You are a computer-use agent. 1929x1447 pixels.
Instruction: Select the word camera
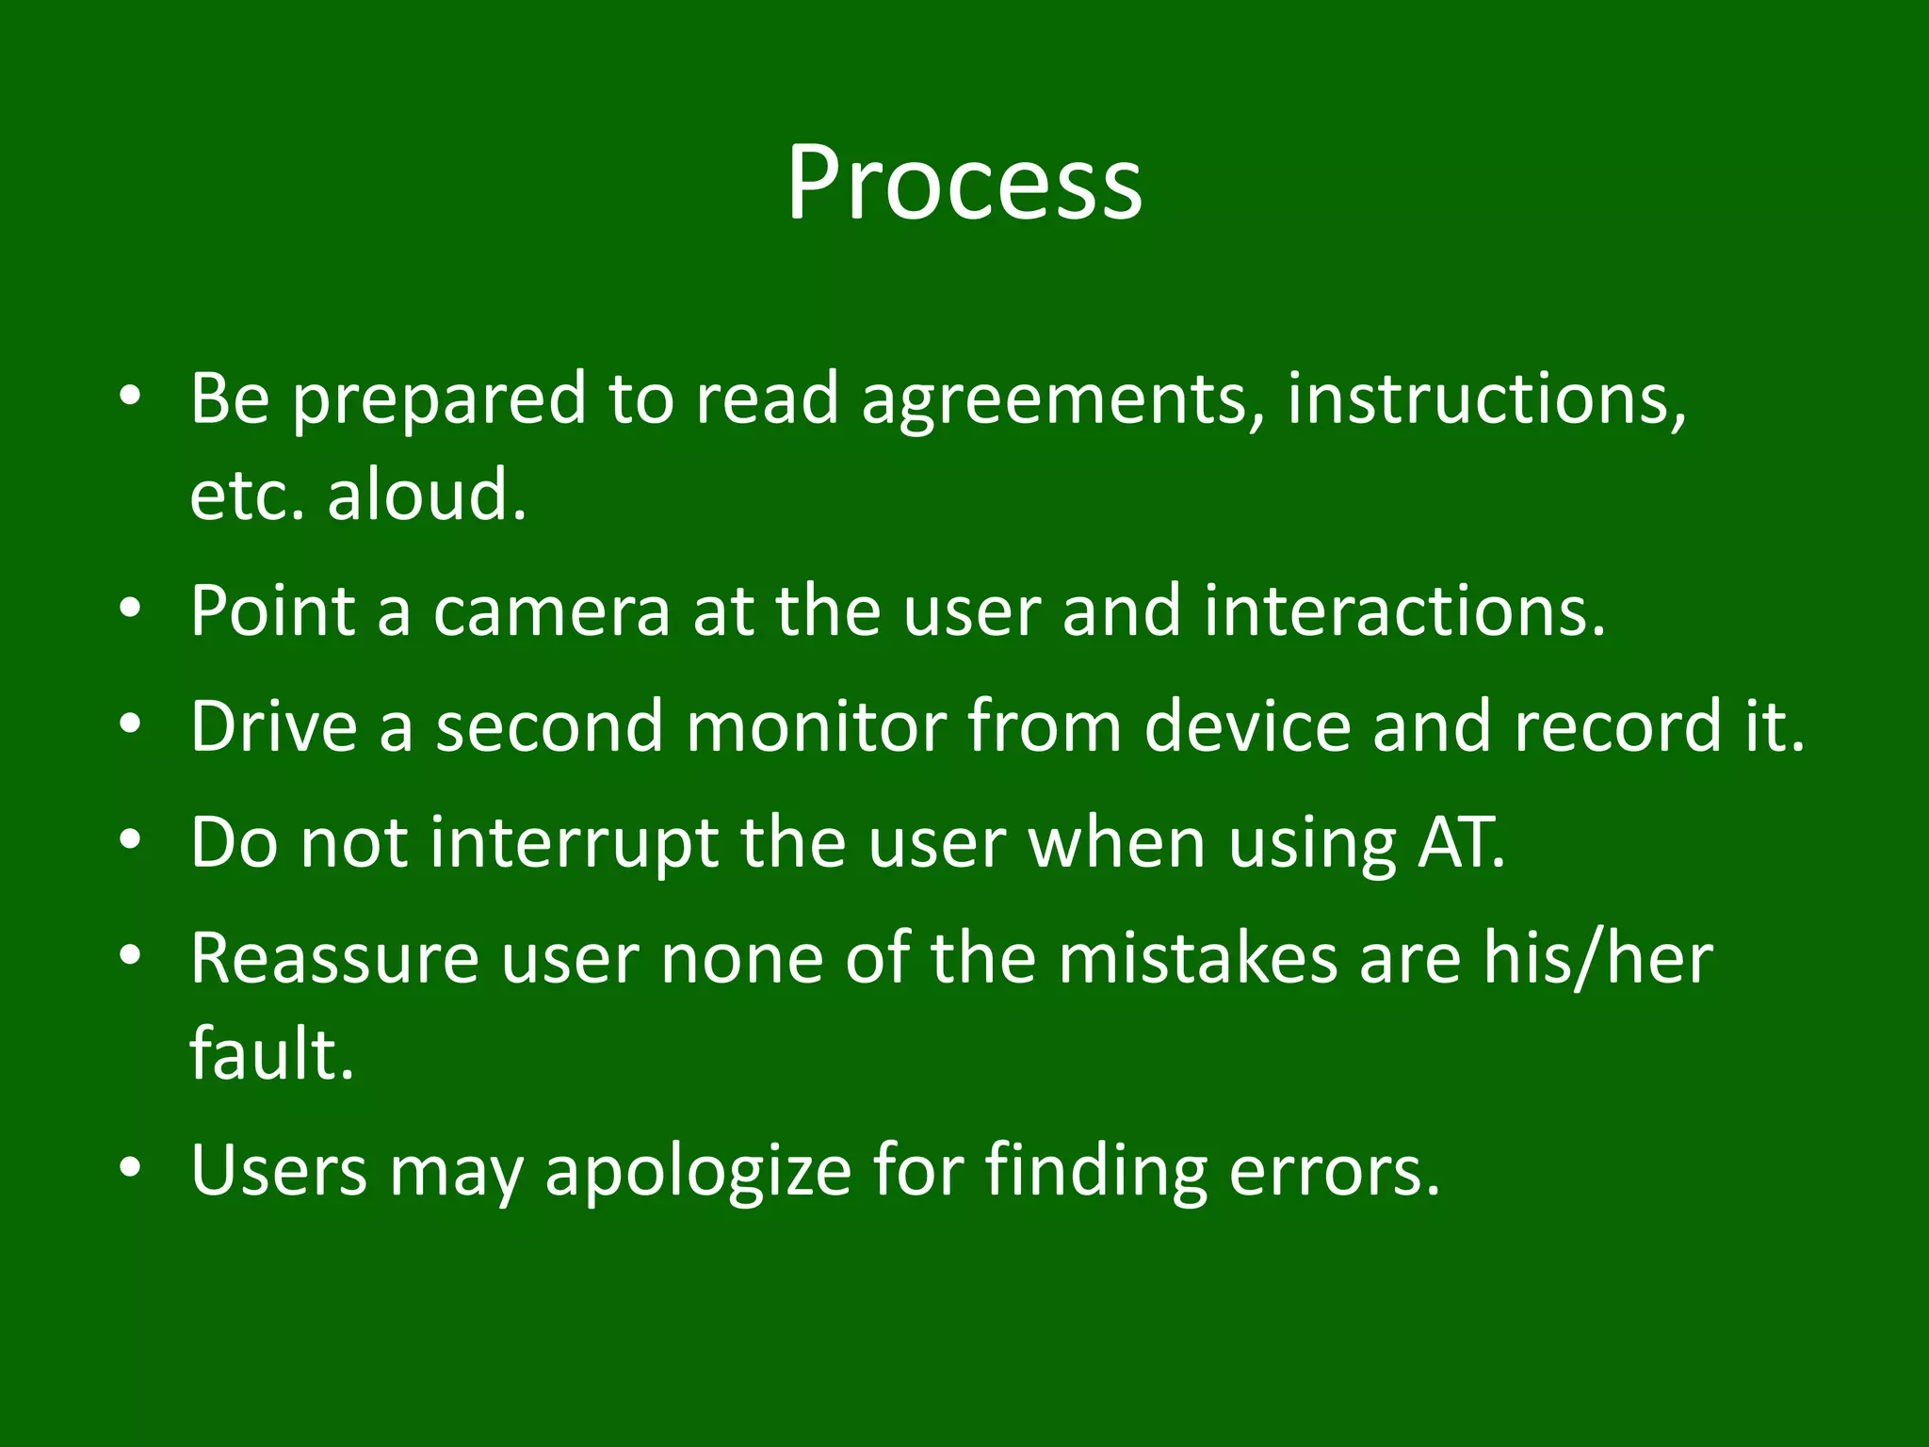551,611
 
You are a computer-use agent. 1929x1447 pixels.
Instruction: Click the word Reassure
334,958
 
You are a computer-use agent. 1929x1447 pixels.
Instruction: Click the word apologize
698,1170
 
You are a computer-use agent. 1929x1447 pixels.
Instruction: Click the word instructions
1485,399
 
